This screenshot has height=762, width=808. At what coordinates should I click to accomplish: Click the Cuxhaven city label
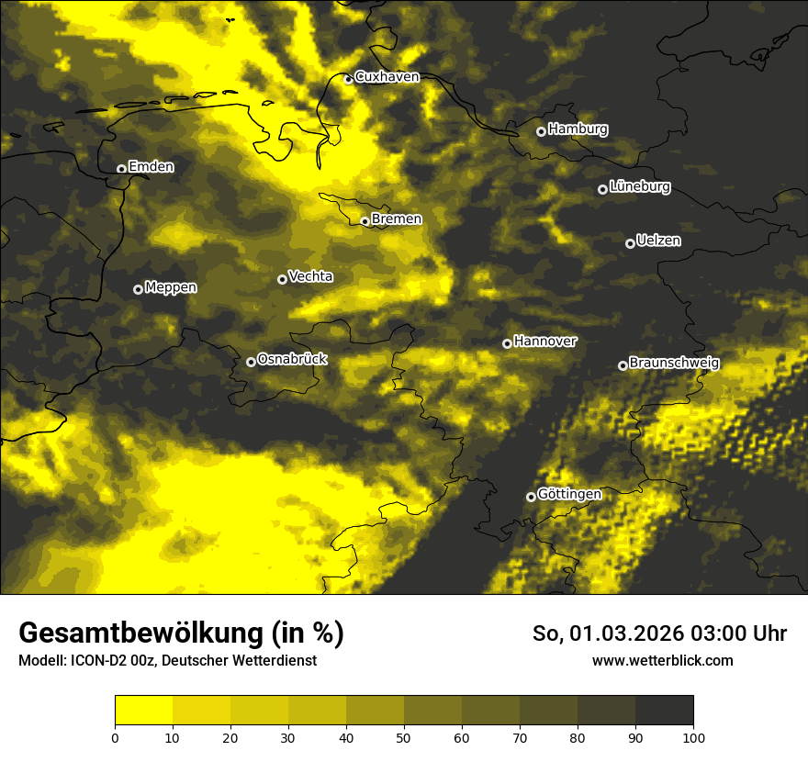(x=387, y=77)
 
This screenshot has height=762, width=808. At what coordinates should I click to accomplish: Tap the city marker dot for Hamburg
(x=541, y=131)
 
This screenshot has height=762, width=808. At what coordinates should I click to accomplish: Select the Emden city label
(x=151, y=167)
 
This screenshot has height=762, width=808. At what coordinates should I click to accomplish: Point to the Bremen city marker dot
(x=365, y=221)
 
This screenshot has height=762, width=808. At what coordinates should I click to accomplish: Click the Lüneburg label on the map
(x=640, y=187)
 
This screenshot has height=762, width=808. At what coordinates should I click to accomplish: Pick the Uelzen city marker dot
(x=630, y=243)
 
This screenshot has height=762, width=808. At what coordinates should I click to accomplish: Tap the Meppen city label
(x=171, y=287)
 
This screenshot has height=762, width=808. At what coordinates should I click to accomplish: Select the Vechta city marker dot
(x=282, y=279)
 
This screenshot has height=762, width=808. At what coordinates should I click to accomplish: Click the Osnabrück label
(x=292, y=359)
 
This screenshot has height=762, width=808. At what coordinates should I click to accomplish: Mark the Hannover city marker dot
(x=507, y=343)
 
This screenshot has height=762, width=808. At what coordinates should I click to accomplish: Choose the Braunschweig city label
(x=674, y=364)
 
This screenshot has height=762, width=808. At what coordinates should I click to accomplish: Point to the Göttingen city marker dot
(x=531, y=497)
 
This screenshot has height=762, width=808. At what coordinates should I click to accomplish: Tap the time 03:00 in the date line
(x=702, y=633)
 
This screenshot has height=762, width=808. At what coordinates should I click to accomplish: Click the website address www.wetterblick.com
(x=662, y=661)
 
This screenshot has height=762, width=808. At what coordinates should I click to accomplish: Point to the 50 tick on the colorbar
(x=404, y=737)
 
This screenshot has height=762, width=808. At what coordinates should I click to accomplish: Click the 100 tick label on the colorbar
(x=693, y=737)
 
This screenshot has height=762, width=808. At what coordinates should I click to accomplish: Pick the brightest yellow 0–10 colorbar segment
(x=143, y=711)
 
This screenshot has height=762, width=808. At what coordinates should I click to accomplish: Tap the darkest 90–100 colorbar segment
(x=664, y=711)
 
